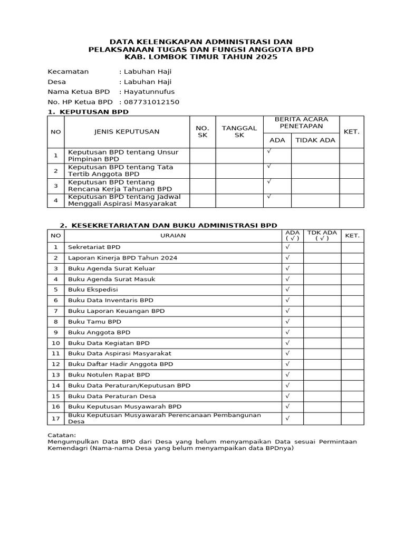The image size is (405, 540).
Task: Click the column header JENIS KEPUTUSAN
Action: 127,132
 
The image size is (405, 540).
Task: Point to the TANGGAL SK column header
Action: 239,132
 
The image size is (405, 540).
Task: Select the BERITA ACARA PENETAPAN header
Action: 301,123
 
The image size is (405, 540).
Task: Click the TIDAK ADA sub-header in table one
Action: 315,140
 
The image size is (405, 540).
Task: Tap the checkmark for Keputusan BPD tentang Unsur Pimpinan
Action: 269,151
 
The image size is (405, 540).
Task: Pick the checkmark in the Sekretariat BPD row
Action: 288,247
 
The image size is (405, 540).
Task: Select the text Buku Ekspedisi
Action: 93,290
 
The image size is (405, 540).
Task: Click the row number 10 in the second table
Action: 55,343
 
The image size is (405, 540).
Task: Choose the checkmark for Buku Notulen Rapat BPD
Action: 288,374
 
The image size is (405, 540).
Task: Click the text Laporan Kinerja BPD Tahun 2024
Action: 122,257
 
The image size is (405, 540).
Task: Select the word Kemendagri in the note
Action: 67,449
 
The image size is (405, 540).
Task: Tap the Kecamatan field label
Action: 68,72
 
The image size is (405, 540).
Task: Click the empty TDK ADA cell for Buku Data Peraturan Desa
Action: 322,396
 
